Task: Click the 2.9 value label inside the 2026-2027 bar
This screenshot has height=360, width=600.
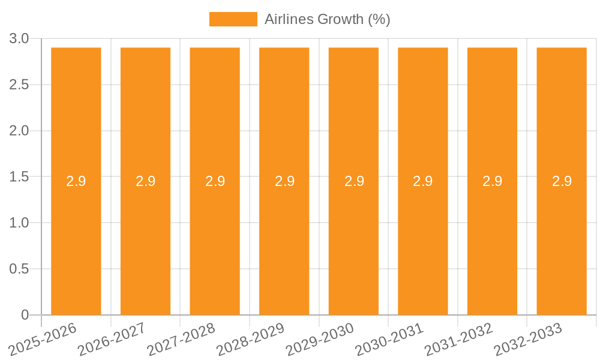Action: pos(145,181)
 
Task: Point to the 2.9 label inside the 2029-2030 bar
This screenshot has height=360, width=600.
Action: pos(354,181)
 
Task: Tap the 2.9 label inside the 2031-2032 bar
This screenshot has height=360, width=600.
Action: pos(493,181)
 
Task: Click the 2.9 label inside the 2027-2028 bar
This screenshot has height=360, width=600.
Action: pos(215,181)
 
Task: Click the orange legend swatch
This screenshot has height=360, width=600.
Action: pos(233,19)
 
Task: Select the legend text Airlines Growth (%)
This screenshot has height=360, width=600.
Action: pos(328,19)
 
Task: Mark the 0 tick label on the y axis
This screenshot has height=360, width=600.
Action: pos(25,315)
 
